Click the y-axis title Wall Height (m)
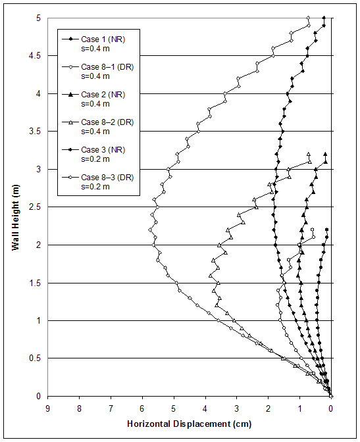click(15, 207)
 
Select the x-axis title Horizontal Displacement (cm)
click(189, 424)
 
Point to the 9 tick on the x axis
click(48, 408)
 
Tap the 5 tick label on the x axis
click(174, 408)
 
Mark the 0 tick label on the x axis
click(331, 408)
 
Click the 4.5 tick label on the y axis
click(33, 57)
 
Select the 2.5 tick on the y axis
click(33, 208)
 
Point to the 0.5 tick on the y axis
click(33, 359)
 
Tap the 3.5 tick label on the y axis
click(33, 132)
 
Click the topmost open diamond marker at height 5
click(309, 18)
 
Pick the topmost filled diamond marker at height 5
click(324, 18)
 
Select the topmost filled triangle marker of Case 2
click(325, 155)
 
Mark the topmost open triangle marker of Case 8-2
click(309, 155)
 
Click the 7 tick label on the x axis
click(111, 408)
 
